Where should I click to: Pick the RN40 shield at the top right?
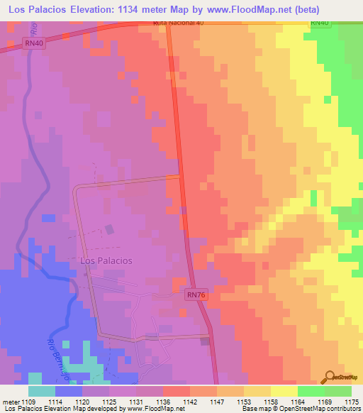320,23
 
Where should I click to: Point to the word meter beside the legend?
11,402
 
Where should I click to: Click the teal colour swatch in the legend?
42,391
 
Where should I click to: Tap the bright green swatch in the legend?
311,391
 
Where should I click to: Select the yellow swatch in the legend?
284,391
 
